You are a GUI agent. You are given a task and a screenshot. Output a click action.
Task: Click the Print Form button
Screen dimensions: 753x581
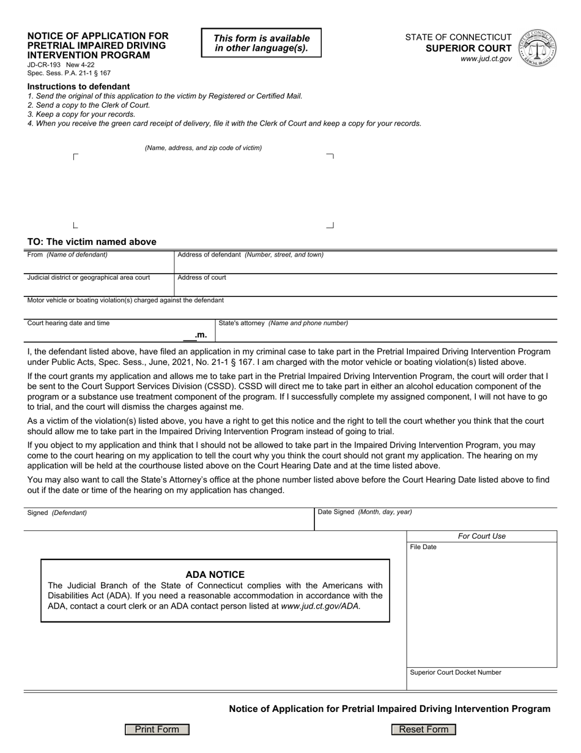(x=157, y=729)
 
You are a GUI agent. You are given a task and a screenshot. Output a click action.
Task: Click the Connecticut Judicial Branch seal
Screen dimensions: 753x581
(x=538, y=48)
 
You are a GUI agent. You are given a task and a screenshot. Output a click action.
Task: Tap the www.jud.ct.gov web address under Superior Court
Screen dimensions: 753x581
(x=486, y=59)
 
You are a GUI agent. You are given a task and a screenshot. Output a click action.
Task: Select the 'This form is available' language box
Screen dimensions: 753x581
(x=261, y=43)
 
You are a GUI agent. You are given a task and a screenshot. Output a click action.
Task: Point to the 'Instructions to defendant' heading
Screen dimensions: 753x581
(x=78, y=86)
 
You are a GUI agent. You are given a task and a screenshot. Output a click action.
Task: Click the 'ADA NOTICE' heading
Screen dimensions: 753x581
(x=215, y=574)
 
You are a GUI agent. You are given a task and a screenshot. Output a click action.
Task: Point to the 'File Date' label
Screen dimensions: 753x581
(x=423, y=547)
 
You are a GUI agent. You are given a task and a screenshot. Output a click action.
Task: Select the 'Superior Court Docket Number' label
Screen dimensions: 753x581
(x=456, y=672)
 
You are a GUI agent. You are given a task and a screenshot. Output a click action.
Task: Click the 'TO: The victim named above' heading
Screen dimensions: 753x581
(x=92, y=242)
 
